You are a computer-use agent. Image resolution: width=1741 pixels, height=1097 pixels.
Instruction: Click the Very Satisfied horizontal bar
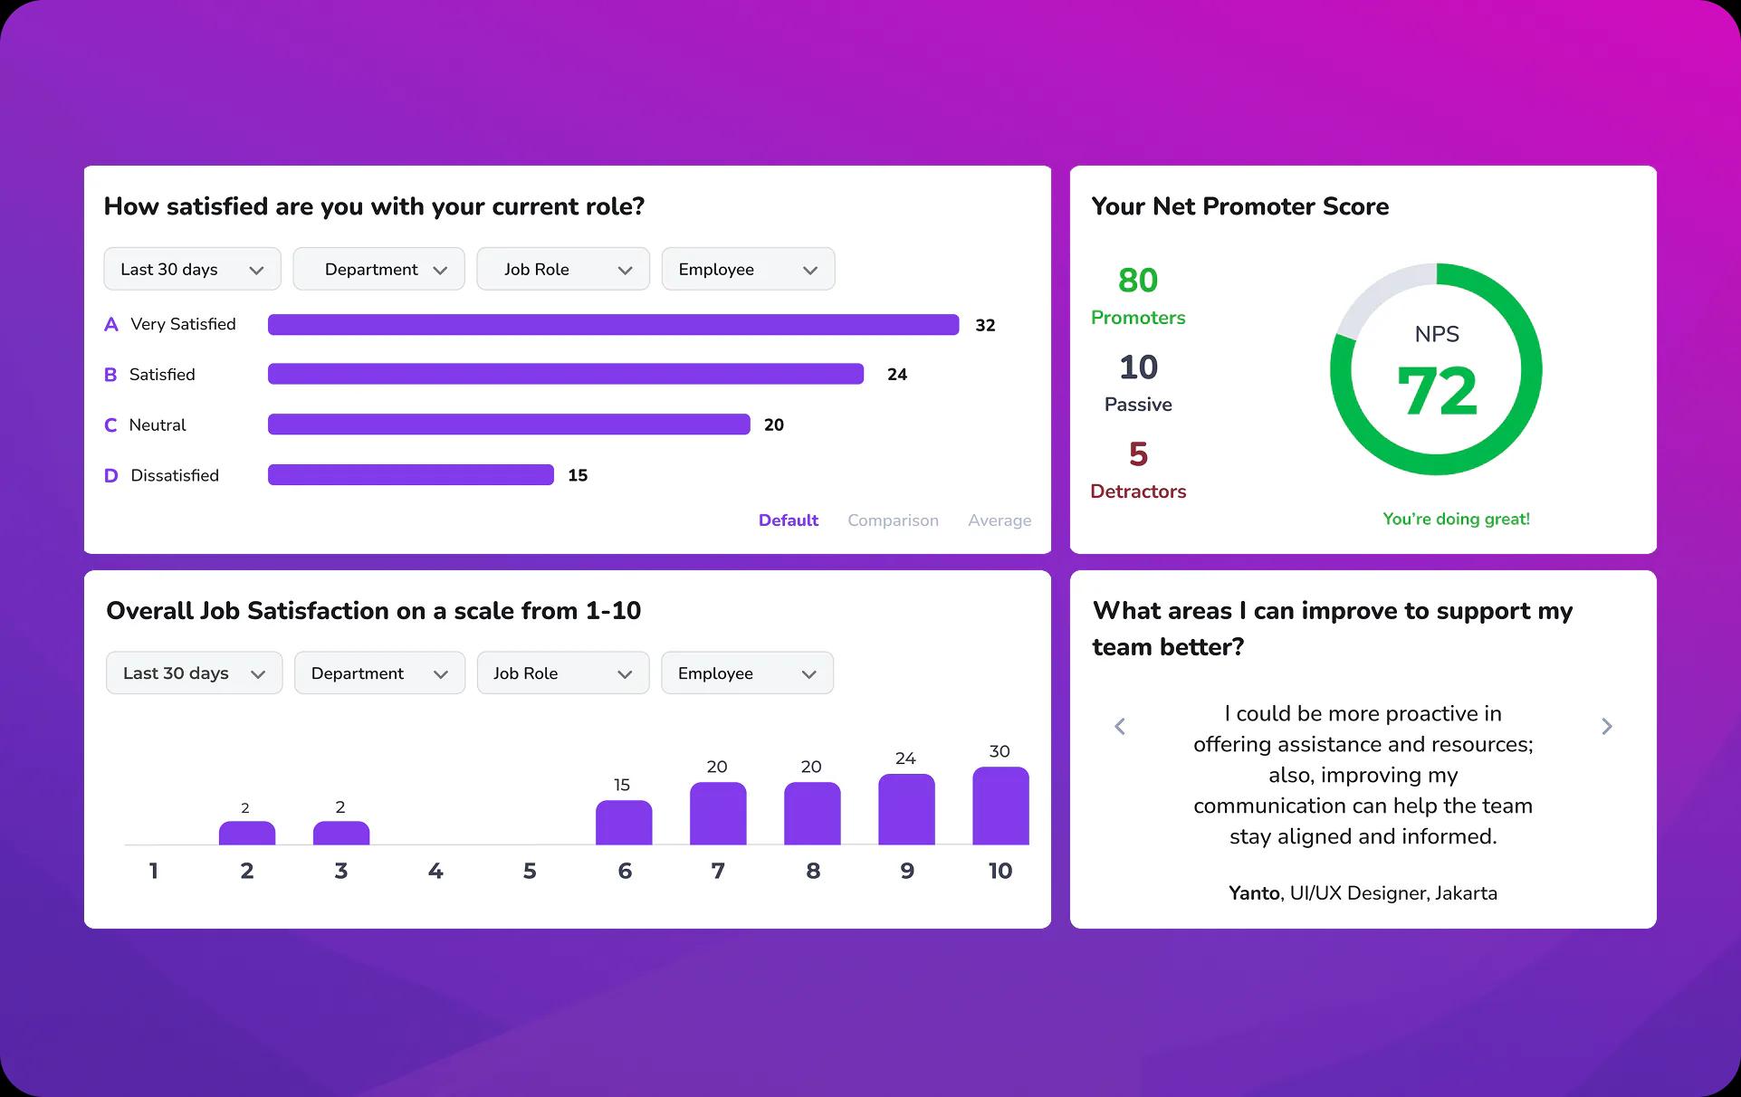tap(613, 325)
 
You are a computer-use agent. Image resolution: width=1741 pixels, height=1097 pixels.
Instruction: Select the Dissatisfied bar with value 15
tap(410, 475)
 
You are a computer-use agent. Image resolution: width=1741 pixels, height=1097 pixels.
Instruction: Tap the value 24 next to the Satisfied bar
tap(896, 375)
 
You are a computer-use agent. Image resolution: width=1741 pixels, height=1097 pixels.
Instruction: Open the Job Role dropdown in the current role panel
tap(562, 270)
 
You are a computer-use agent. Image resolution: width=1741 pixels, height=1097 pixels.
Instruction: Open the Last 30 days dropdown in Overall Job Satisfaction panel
tap(194, 673)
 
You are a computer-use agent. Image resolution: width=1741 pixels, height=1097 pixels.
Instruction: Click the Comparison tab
tap(892, 520)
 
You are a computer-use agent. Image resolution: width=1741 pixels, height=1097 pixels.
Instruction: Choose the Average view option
tap(999, 520)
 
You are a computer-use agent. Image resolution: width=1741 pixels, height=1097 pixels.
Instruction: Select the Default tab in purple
tap(788, 520)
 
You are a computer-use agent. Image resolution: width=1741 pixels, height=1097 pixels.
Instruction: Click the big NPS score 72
tap(1437, 391)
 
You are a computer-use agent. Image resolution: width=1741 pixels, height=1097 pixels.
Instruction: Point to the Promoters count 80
tap(1138, 281)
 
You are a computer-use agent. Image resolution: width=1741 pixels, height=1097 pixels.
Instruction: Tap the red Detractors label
tap(1138, 491)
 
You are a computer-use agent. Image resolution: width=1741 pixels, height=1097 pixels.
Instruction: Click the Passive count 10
tap(1138, 367)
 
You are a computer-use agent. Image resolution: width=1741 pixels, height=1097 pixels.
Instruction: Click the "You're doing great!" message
tap(1456, 519)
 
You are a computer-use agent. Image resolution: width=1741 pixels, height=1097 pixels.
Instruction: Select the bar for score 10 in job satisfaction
tap(1000, 806)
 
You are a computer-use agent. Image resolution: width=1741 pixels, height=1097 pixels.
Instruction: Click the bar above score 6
tap(623, 823)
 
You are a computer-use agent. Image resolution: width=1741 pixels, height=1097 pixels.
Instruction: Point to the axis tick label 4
tap(435, 871)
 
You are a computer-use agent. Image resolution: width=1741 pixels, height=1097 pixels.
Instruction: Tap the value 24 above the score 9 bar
tap(905, 758)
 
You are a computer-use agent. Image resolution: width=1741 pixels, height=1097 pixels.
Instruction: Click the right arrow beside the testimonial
tap(1606, 727)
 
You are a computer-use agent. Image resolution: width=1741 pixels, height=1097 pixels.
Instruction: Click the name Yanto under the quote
tap(1253, 893)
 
